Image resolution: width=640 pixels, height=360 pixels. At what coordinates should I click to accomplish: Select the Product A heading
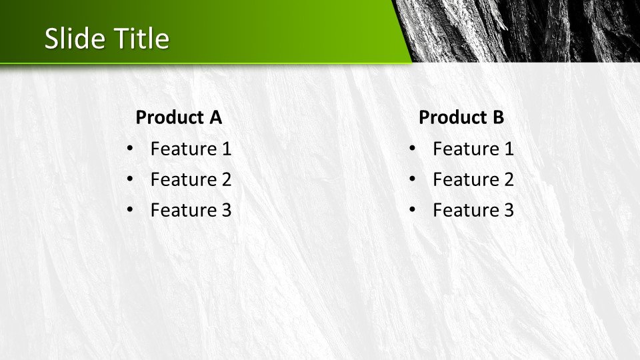pos(179,117)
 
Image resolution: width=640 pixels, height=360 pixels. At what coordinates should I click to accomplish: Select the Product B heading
pos(461,117)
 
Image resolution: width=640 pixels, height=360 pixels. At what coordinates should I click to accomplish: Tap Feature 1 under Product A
pos(191,149)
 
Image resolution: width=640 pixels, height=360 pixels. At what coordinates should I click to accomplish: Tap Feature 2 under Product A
pos(191,179)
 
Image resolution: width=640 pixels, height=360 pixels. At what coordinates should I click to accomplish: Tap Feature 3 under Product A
pos(191,210)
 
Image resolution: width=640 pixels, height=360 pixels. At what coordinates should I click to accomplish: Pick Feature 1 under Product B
pos(473,149)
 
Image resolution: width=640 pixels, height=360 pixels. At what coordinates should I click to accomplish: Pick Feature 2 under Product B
pos(473,179)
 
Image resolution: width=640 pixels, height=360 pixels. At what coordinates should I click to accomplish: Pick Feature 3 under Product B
pos(473,210)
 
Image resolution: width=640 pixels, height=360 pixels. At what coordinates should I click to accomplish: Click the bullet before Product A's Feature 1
pos(130,148)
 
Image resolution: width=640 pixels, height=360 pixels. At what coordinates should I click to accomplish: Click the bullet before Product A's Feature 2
pos(130,179)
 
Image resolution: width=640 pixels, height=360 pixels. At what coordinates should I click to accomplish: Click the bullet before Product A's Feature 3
pos(130,209)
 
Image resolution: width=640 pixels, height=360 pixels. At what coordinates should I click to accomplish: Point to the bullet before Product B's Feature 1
pos(412,148)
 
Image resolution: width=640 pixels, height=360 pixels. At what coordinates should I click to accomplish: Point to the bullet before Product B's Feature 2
pos(412,179)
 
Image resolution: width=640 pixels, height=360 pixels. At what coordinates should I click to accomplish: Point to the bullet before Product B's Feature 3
pos(412,209)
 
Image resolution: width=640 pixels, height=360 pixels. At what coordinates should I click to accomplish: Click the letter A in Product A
pos(216,117)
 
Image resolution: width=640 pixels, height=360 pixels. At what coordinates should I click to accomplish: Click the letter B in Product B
pos(499,117)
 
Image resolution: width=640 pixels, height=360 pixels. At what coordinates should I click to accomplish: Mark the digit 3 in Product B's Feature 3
pos(509,210)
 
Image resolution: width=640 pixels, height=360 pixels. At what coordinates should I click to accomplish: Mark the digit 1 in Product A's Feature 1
pos(227,149)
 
